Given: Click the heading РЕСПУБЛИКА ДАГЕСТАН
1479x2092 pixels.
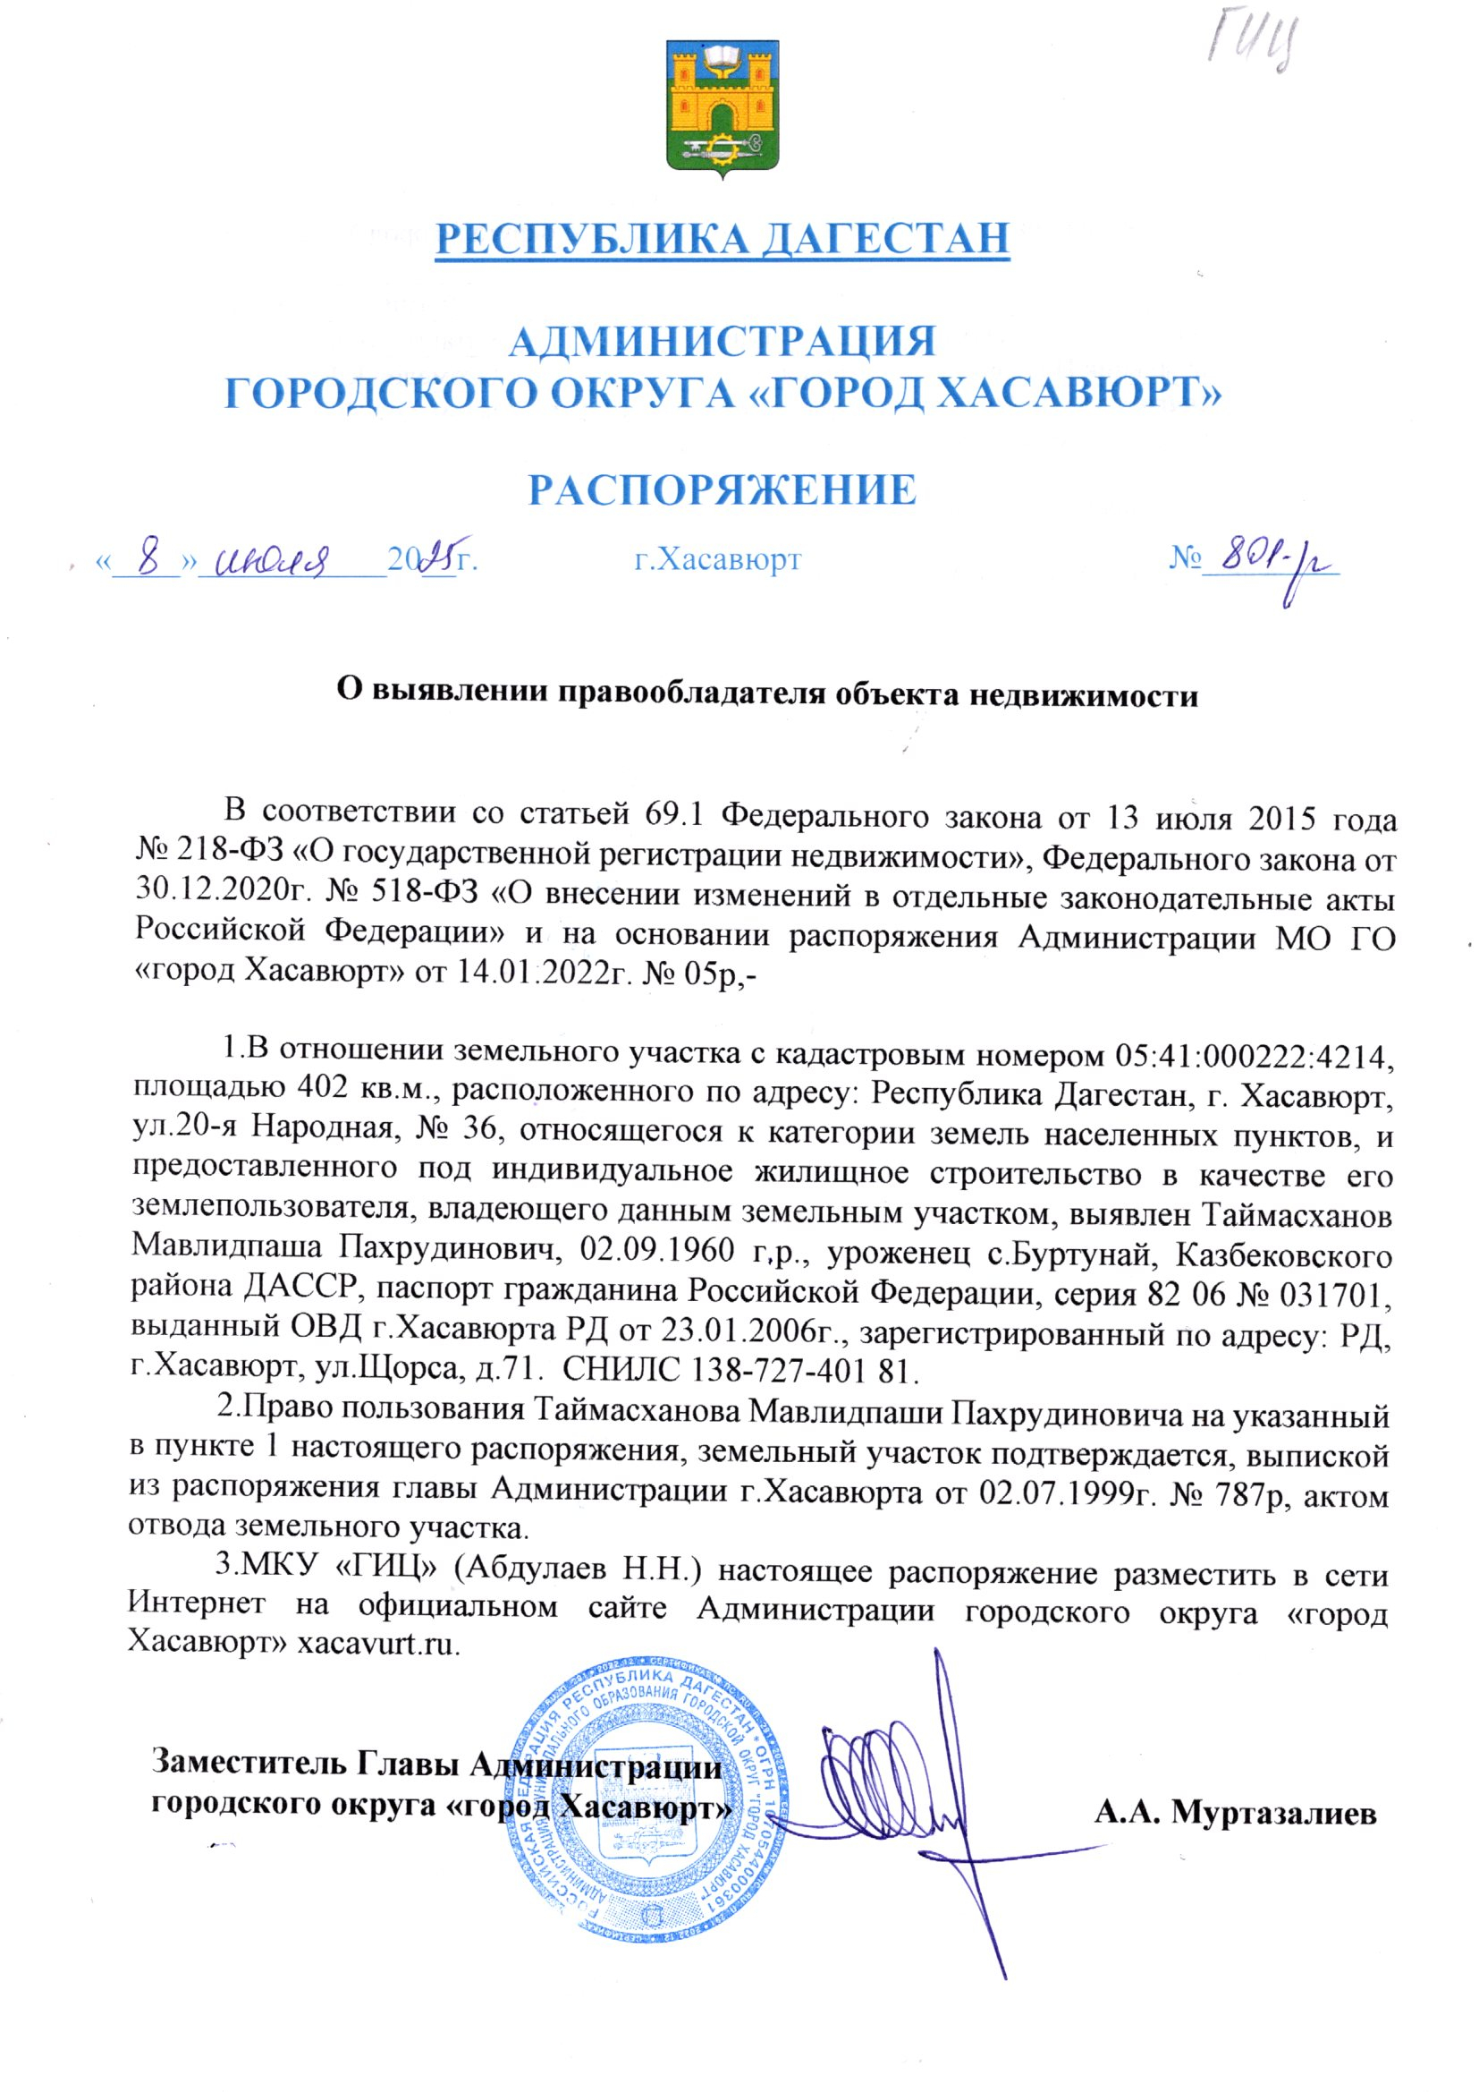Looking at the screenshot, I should (723, 239).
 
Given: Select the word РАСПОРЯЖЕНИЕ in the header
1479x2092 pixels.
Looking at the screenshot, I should (723, 490).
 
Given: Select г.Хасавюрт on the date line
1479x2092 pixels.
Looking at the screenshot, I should (718, 558).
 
